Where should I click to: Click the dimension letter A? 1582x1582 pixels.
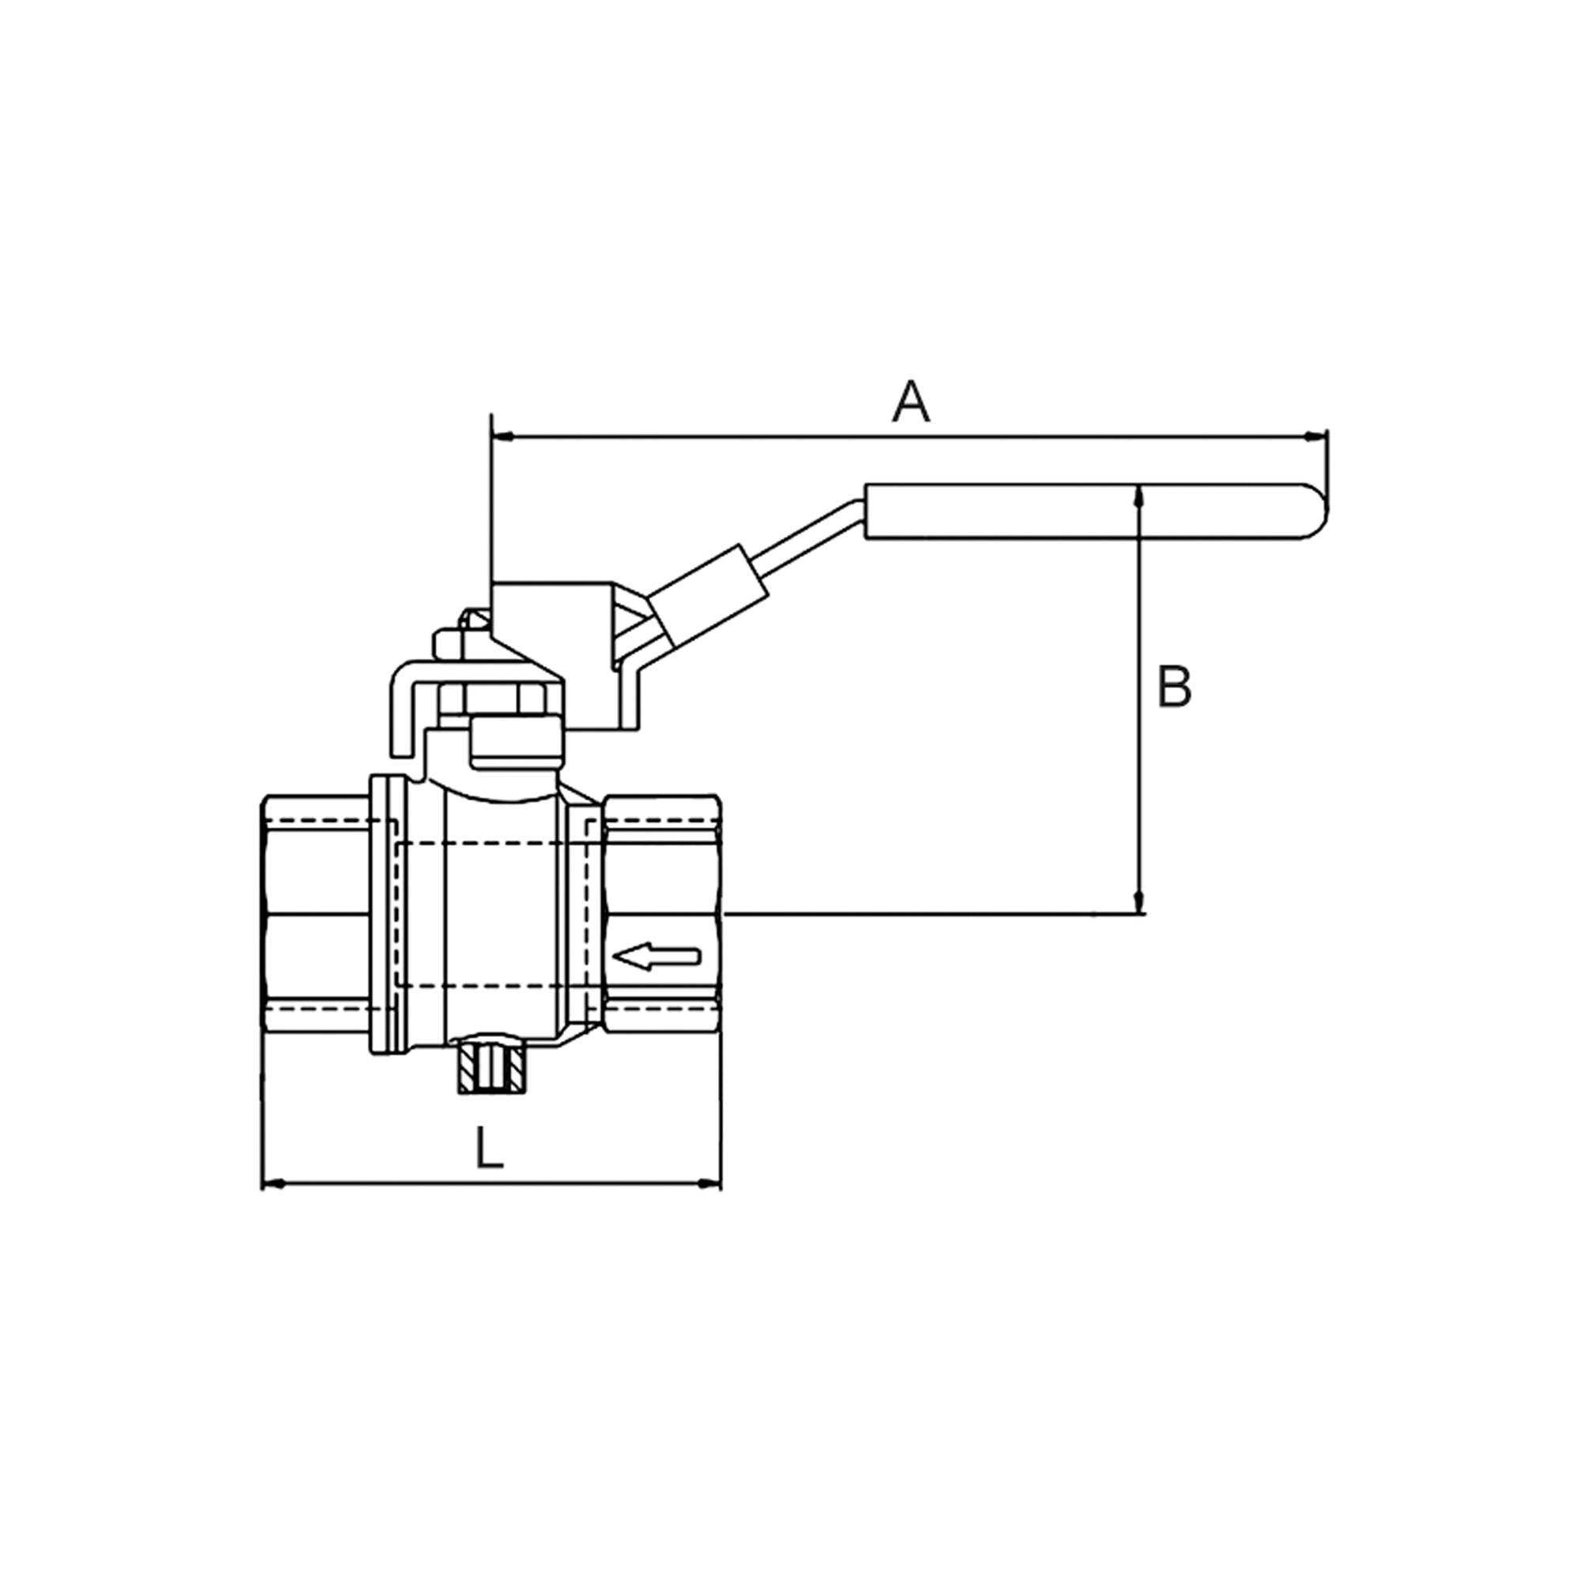click(911, 401)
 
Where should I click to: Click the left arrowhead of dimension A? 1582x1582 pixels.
click(502, 437)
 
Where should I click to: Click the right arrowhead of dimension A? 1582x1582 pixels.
click(1317, 437)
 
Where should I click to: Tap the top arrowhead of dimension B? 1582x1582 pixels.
click(1139, 495)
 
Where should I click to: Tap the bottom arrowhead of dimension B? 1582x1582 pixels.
click(1139, 903)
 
